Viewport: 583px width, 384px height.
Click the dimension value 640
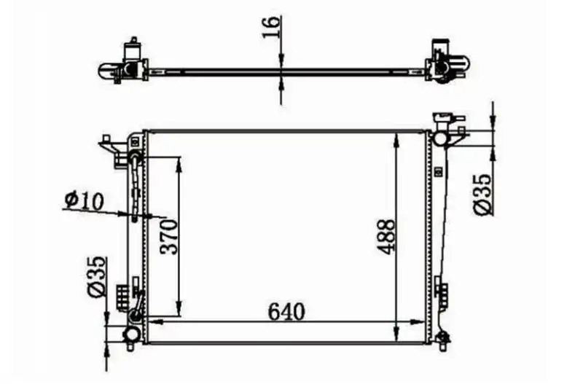coord(286,312)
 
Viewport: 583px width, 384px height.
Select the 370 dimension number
coord(169,236)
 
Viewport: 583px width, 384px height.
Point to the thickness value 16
coord(270,26)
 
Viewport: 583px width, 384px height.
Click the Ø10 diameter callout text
coord(84,200)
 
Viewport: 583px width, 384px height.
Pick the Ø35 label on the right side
coord(483,195)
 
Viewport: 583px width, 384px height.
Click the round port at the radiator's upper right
coord(440,138)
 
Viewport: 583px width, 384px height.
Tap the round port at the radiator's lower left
coord(131,334)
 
